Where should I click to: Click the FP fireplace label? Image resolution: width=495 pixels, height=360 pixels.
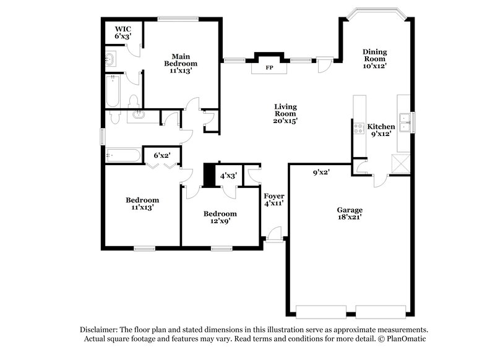tap(269, 67)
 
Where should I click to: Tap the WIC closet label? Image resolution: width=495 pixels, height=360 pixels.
tap(122, 28)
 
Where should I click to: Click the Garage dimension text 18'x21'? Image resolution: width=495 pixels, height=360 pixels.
tap(350, 217)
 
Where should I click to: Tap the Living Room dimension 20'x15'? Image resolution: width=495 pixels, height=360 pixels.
tap(285, 121)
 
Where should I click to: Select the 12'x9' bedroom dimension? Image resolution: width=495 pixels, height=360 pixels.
tap(220, 222)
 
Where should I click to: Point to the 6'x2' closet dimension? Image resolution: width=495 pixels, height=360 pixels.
tap(162, 156)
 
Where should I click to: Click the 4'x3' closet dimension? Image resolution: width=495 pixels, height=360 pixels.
tap(229, 176)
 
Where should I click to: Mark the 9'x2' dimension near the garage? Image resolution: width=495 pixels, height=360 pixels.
tap(321, 173)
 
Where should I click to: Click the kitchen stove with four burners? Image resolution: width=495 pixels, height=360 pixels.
tap(358, 129)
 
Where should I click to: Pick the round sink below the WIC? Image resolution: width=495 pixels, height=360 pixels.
tap(110, 60)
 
